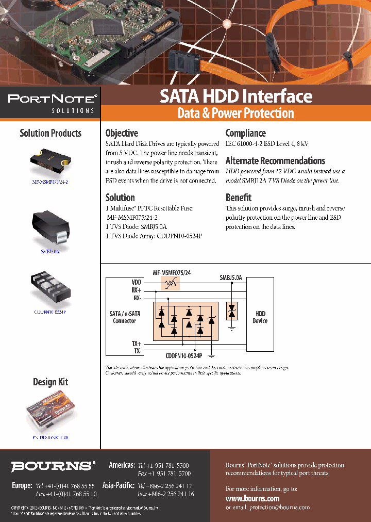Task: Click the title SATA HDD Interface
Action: click(235, 96)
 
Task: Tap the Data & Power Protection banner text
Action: click(235, 113)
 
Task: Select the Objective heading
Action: click(122, 133)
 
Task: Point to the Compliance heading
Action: click(246, 133)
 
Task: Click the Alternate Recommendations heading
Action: click(275, 161)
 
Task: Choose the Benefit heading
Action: click(239, 198)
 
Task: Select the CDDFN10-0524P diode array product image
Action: click(50, 289)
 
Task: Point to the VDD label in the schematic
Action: click(136, 283)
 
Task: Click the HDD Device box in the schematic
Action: click(260, 317)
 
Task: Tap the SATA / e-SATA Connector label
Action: click(124, 317)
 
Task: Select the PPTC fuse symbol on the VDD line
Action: click(170, 283)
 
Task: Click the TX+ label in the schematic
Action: click(136, 343)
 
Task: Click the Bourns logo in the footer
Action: click(53, 466)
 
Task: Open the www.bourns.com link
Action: click(252, 498)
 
